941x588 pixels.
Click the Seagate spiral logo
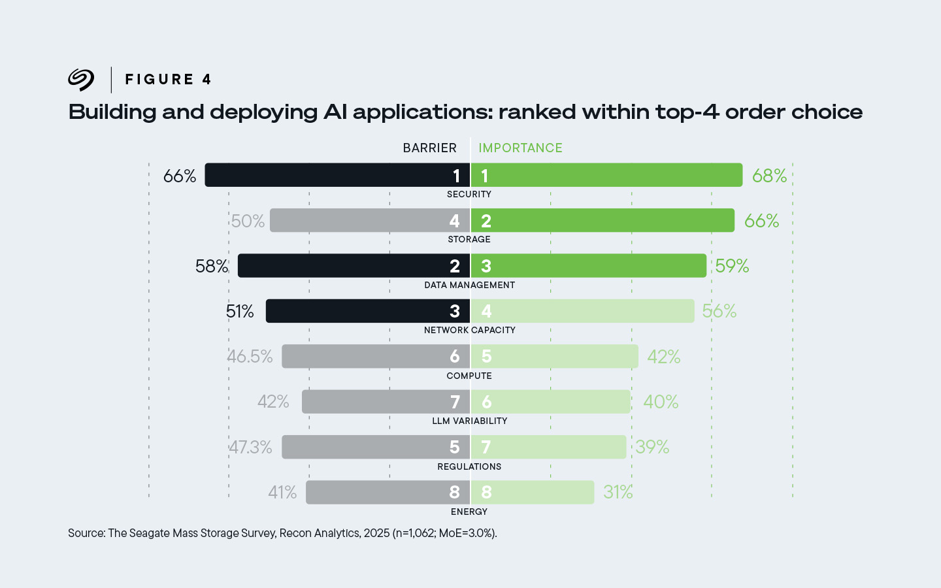click(x=81, y=80)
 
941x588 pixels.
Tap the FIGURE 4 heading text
click(x=168, y=80)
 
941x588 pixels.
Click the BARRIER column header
click(x=429, y=148)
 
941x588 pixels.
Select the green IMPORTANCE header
click(x=520, y=148)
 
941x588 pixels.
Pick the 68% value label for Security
click(x=769, y=176)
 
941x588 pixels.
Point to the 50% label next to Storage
click(x=248, y=221)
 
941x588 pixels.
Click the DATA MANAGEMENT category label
click(x=469, y=285)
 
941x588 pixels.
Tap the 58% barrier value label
click(x=212, y=266)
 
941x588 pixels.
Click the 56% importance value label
click(x=719, y=311)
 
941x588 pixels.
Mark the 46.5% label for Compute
click(x=250, y=357)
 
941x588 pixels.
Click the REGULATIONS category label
click(x=469, y=466)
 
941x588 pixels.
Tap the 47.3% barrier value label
click(x=250, y=447)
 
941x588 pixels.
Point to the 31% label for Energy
click(x=618, y=492)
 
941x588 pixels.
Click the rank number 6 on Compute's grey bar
click(x=455, y=357)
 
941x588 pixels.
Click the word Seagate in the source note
click(x=149, y=533)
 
